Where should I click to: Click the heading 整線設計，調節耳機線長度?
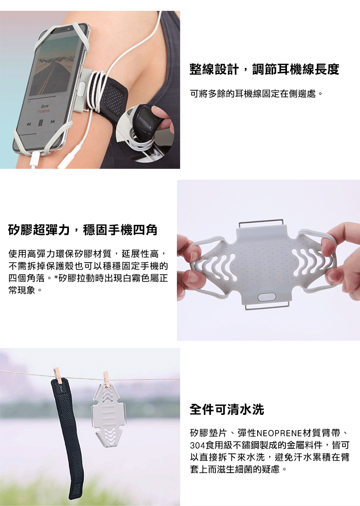pyautogui.click(x=264, y=69)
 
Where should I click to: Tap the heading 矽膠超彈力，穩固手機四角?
pyautogui.click(x=83, y=230)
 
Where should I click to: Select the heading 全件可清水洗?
pyautogui.click(x=227, y=409)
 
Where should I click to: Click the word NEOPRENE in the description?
pyautogui.click(x=279, y=433)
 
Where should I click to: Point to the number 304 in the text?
pyautogui.click(x=197, y=445)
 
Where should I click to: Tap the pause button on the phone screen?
pyautogui.click(x=41, y=123)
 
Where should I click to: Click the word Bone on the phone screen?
pyautogui.click(x=44, y=106)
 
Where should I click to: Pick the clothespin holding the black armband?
pyautogui.click(x=58, y=375)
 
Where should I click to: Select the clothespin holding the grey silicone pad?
pyautogui.click(x=106, y=379)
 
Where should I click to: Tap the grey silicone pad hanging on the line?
pyautogui.click(x=109, y=416)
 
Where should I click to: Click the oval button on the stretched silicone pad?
pyautogui.click(x=266, y=296)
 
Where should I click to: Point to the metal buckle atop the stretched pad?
pyautogui.click(x=261, y=222)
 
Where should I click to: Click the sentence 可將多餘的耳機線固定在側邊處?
pyautogui.click(x=256, y=94)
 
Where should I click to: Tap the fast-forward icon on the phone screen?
pyautogui.click(x=52, y=121)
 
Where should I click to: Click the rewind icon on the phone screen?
pyautogui.click(x=29, y=124)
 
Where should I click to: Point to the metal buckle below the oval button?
pyautogui.click(x=267, y=306)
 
